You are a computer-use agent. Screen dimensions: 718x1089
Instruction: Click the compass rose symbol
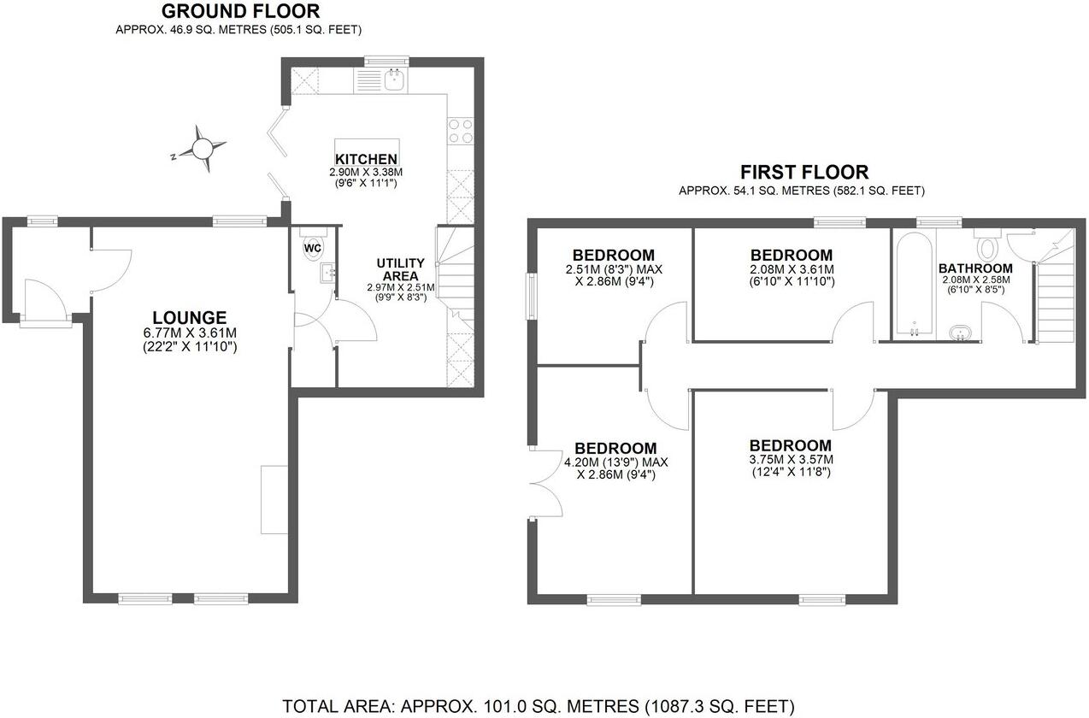click(x=203, y=149)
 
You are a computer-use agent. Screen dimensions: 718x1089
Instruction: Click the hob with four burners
click(x=461, y=130)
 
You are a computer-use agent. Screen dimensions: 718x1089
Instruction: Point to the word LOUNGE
click(x=190, y=317)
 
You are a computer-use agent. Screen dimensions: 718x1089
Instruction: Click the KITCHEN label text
click(x=366, y=159)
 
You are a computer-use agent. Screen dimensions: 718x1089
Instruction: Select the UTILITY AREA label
click(x=401, y=269)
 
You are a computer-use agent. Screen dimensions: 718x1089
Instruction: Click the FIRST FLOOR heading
click(x=804, y=172)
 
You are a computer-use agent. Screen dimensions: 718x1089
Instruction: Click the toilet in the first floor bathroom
click(x=986, y=247)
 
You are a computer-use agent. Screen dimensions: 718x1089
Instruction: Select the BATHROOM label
click(x=975, y=268)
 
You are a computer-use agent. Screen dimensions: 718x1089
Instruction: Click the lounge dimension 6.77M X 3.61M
click(x=190, y=333)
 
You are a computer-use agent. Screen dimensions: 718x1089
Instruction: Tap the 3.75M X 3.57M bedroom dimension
click(x=790, y=459)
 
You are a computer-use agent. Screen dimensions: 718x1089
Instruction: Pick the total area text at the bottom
click(x=539, y=706)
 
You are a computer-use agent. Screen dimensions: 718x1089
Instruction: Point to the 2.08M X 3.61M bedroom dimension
click(x=791, y=269)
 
